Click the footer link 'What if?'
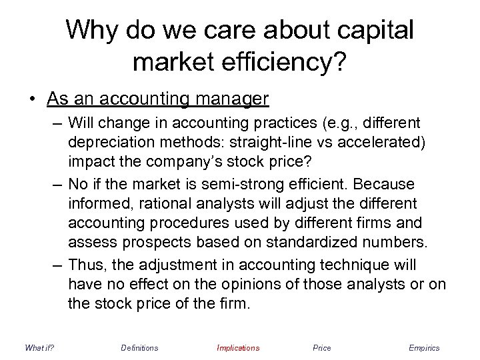pyautogui.click(x=39, y=348)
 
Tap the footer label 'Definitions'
pyautogui.click(x=139, y=348)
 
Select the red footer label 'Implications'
pyautogui.click(x=238, y=348)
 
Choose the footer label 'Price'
pyautogui.click(x=321, y=348)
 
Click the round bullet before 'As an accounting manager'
pyautogui.click(x=33, y=100)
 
